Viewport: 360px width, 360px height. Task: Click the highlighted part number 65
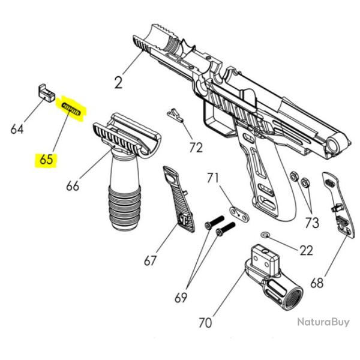(x=46, y=160)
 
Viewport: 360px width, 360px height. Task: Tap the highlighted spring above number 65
(x=71, y=110)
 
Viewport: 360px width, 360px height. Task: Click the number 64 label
(x=17, y=128)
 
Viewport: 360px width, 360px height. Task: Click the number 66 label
(x=72, y=185)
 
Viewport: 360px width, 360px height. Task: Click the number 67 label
(x=150, y=260)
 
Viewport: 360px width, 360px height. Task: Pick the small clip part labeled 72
(x=175, y=114)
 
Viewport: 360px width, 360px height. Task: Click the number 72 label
(x=196, y=147)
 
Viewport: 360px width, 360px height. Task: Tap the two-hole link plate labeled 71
(x=238, y=213)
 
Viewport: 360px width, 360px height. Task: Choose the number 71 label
(x=214, y=178)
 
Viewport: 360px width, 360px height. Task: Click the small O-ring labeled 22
(x=266, y=234)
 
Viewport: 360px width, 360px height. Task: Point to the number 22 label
(x=306, y=250)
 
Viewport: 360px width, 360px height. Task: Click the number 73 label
(x=311, y=223)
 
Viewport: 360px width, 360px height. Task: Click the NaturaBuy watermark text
(x=323, y=322)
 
